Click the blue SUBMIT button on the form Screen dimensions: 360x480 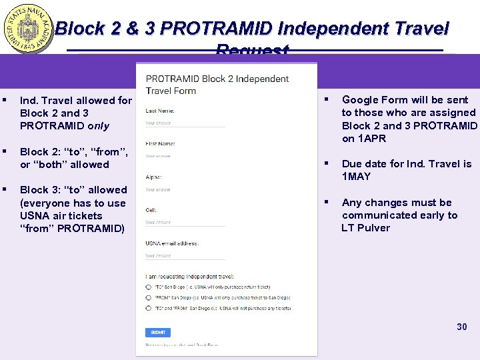point(158,332)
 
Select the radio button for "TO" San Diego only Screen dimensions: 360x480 point(148,287)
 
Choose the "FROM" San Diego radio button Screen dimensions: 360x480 point(148,297)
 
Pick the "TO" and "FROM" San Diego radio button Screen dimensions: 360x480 point(148,308)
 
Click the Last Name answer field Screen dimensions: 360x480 point(185,124)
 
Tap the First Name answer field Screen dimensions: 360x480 point(185,157)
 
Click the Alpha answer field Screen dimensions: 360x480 point(185,190)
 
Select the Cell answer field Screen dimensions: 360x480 point(185,223)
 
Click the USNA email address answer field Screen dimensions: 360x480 point(185,256)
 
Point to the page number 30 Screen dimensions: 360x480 point(462,327)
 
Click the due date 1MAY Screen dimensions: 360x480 point(357,177)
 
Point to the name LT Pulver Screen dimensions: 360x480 point(366,228)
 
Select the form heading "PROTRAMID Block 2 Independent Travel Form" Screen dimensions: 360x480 point(217,85)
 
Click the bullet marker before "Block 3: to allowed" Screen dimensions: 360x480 point(5,190)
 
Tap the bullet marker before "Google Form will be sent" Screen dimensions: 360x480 point(327,100)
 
